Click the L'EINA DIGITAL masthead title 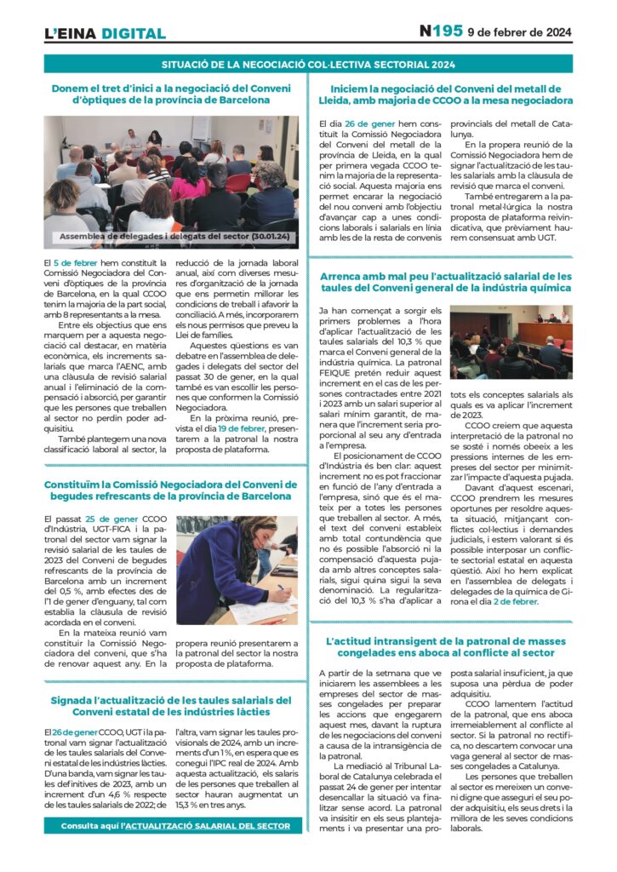point(105,34)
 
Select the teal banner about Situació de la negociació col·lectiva point(308,64)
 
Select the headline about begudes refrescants point(173,490)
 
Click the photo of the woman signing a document point(237,571)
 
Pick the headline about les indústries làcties point(173,705)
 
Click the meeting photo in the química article point(511,342)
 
